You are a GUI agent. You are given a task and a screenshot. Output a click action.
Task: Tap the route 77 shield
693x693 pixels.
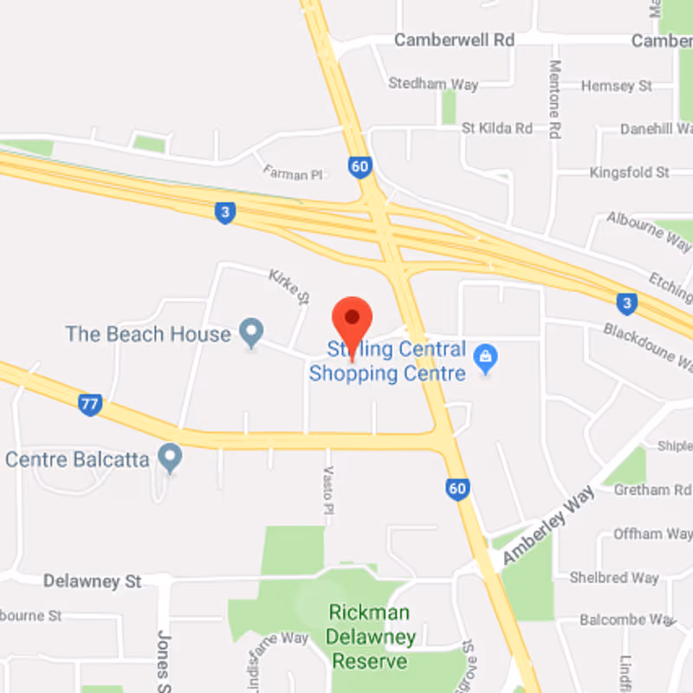click(x=89, y=404)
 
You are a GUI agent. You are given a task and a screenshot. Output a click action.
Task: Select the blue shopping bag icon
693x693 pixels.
click(x=486, y=359)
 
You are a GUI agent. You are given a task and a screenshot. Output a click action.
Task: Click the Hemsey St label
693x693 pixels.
click(x=617, y=86)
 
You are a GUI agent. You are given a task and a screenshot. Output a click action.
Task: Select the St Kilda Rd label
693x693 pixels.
click(x=497, y=128)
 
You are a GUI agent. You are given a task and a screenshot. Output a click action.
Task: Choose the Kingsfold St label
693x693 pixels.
click(x=630, y=172)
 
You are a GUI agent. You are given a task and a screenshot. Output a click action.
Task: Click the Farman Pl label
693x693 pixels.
click(x=292, y=174)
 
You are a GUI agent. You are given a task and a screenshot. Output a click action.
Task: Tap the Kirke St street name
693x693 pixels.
click(x=289, y=285)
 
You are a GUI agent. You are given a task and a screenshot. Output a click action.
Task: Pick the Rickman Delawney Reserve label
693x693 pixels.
click(x=371, y=637)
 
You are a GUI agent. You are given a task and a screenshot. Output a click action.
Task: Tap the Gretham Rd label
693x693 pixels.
click(x=652, y=489)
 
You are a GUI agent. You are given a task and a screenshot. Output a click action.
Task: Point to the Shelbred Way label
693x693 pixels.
click(x=614, y=577)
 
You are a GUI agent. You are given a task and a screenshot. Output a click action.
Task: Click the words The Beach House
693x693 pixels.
click(x=148, y=334)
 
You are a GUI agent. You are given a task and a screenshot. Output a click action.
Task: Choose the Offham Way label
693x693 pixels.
click(x=651, y=534)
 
